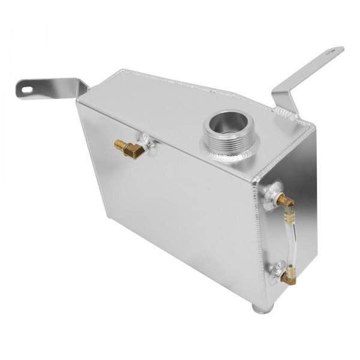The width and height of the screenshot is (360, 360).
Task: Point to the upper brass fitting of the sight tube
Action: click(283, 199)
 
